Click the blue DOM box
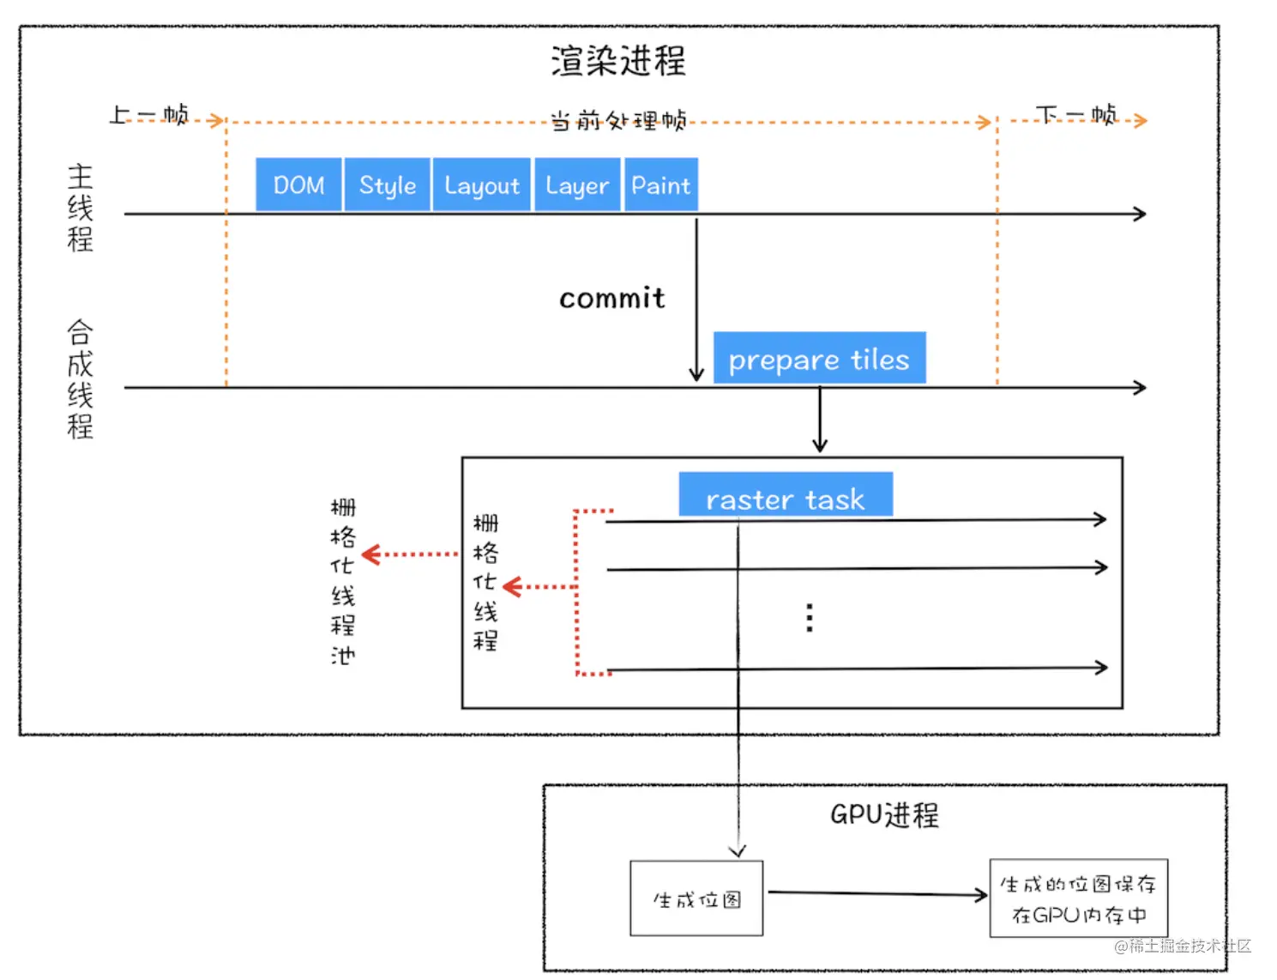[298, 185]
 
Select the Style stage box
[387, 185]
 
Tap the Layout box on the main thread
[482, 185]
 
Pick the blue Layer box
[577, 185]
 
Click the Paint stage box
[660, 185]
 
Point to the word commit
[611, 298]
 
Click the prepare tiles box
[819, 358]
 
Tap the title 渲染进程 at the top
[617, 61]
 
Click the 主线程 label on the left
[80, 208]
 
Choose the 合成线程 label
[80, 378]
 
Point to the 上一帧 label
[148, 115]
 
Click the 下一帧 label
[1076, 115]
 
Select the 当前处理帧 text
[617, 120]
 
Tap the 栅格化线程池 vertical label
[342, 581]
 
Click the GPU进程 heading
[884, 814]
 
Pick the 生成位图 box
[696, 898]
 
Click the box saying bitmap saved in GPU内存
[1078, 898]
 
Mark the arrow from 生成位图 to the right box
[876, 894]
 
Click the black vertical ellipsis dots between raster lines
[810, 618]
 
